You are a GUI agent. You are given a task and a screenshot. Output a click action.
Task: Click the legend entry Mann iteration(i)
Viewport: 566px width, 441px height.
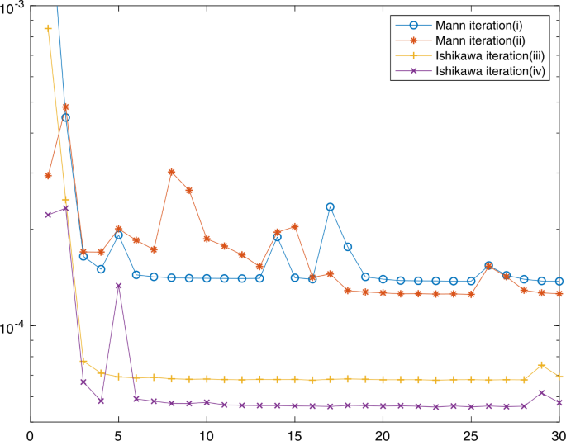(479, 23)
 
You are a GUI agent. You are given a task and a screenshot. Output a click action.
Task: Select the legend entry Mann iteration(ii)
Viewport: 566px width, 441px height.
(479, 40)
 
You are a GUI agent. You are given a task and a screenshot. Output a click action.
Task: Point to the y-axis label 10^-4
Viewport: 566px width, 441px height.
(15, 327)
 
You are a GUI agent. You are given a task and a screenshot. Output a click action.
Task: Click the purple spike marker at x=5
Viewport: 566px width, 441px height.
(119, 286)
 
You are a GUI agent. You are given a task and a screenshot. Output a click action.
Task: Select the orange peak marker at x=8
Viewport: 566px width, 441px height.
(172, 172)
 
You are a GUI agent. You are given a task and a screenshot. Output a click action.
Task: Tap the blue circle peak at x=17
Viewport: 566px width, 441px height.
(331, 206)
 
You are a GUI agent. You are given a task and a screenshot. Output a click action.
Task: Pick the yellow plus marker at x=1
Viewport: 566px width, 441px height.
(49, 28)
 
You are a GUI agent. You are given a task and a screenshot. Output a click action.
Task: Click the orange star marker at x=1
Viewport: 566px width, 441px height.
(49, 175)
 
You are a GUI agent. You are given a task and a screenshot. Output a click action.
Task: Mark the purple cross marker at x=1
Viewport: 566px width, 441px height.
(49, 215)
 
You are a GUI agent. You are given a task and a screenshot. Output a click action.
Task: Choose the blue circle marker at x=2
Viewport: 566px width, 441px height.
(66, 118)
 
